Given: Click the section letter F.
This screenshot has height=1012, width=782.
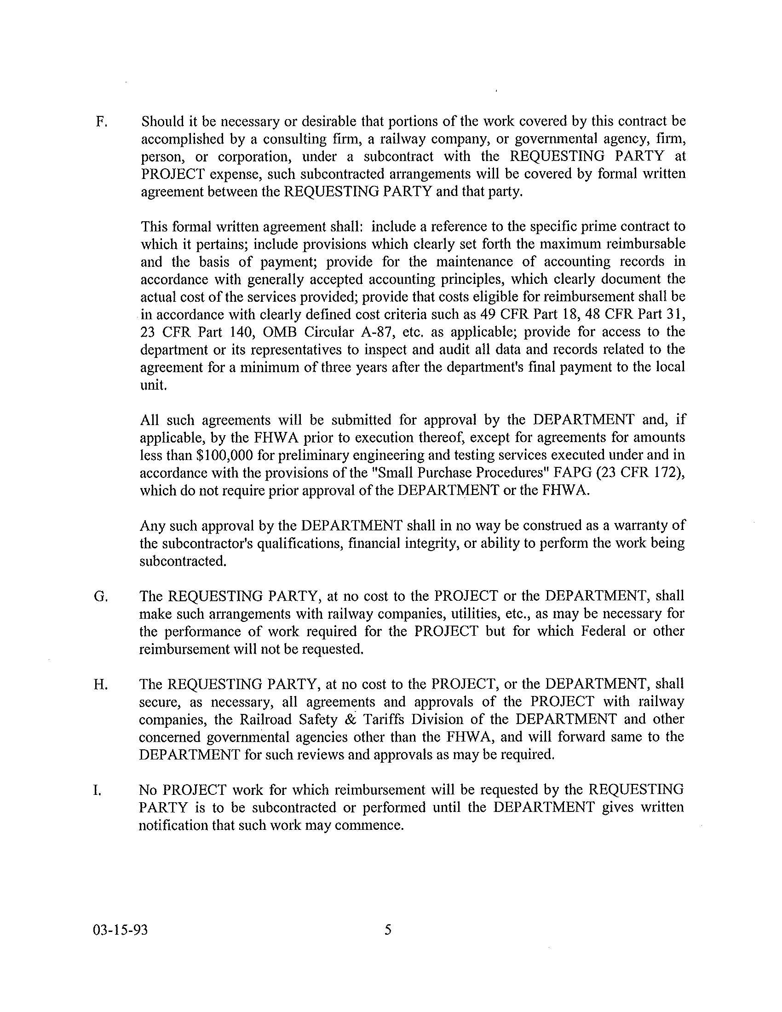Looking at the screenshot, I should click(x=101, y=122).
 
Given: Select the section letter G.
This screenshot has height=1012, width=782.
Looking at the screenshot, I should click(x=101, y=596).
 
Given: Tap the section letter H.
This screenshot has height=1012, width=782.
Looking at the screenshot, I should click(x=101, y=684).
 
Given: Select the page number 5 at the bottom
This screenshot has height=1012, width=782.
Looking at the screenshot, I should click(x=388, y=930).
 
